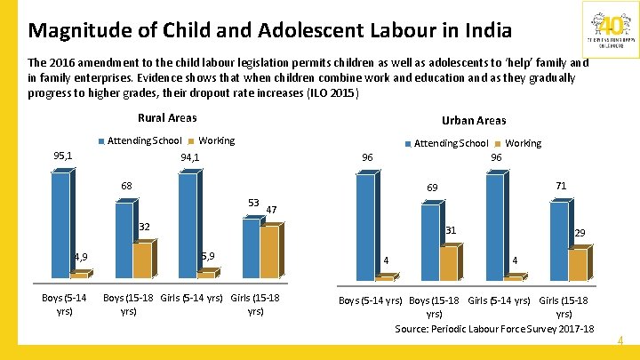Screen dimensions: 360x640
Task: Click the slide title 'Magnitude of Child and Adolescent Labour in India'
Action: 269,30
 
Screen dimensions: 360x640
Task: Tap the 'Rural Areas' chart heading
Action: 167,117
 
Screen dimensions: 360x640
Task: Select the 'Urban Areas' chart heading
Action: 474,120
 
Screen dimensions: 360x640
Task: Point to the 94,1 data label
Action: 189,158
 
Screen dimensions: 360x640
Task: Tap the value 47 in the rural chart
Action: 272,210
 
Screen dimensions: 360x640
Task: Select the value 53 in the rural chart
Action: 253,204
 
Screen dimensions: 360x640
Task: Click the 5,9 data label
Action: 206,256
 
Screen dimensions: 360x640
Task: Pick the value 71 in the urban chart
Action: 561,186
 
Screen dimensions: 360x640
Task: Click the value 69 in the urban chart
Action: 432,188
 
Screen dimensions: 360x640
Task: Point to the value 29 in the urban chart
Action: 580,233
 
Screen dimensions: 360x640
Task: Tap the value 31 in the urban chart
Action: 451,230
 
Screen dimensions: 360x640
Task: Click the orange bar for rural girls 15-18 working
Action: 270,251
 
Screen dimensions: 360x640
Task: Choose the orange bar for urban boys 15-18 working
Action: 449,262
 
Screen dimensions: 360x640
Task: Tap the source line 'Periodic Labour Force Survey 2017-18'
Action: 494,329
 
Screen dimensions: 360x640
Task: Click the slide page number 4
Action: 620,340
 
